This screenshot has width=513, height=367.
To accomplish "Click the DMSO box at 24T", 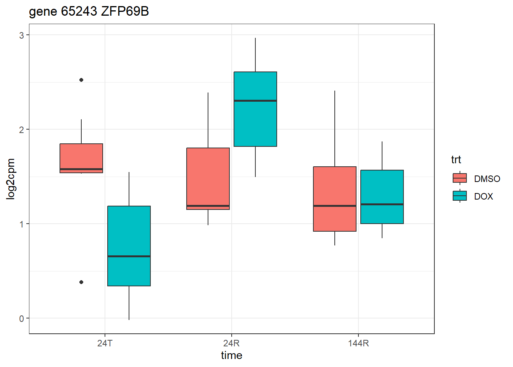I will [81, 157].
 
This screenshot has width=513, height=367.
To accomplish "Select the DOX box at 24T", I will [129, 233].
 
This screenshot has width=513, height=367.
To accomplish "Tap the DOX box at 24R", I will [255, 122].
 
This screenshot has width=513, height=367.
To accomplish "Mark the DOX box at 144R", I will [382, 187].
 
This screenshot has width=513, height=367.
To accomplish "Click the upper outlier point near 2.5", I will [81, 80].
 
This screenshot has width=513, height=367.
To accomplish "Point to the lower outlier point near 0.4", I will [81, 282].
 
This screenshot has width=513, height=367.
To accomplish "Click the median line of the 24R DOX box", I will [255, 101].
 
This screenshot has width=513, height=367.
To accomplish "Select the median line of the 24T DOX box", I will [129, 256].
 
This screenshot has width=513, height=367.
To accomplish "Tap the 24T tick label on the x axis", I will [105, 343].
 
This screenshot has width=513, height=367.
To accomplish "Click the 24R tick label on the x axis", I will [232, 343].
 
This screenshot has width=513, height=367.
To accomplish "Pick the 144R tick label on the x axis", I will [358, 343].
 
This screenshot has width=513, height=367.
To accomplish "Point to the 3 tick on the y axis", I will [22, 35].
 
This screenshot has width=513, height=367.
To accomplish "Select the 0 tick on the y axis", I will [22, 318].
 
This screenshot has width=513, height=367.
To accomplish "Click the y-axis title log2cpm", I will [11, 179].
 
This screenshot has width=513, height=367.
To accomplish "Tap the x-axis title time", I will [232, 356].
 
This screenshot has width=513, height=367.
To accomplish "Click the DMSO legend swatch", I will [460, 178].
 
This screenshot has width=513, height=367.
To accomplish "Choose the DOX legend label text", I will [484, 196].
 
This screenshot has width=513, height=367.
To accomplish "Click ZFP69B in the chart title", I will [125, 11].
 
